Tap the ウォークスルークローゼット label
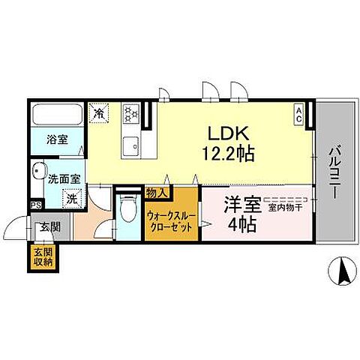[x=171, y=219]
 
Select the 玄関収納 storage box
[x=43, y=257]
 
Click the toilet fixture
[x=128, y=207]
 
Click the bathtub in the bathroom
[x=58, y=115]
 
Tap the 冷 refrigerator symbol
[x=99, y=113]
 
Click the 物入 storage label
[x=156, y=192]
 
